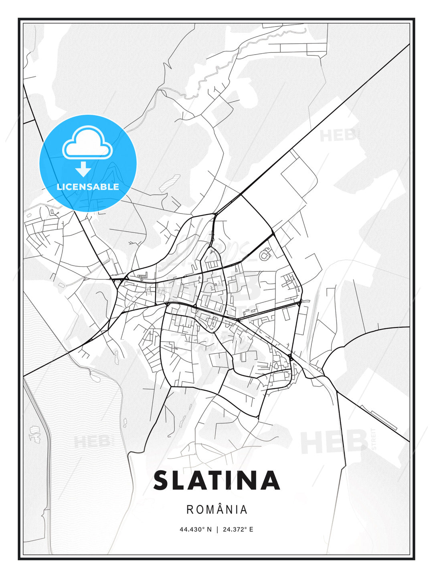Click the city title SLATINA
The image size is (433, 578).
click(216, 480)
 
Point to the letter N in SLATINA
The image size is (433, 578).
click(250, 480)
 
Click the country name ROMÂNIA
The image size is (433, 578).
click(216, 510)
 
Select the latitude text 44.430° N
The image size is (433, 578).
click(195, 529)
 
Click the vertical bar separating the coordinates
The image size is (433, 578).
click(217, 529)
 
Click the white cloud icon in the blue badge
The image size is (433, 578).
click(87, 143)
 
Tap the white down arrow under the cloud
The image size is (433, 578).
click(83, 169)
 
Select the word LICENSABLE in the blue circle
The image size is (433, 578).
click(88, 187)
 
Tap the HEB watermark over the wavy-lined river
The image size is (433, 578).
click(91, 442)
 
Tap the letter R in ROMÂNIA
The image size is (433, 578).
click(190, 510)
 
